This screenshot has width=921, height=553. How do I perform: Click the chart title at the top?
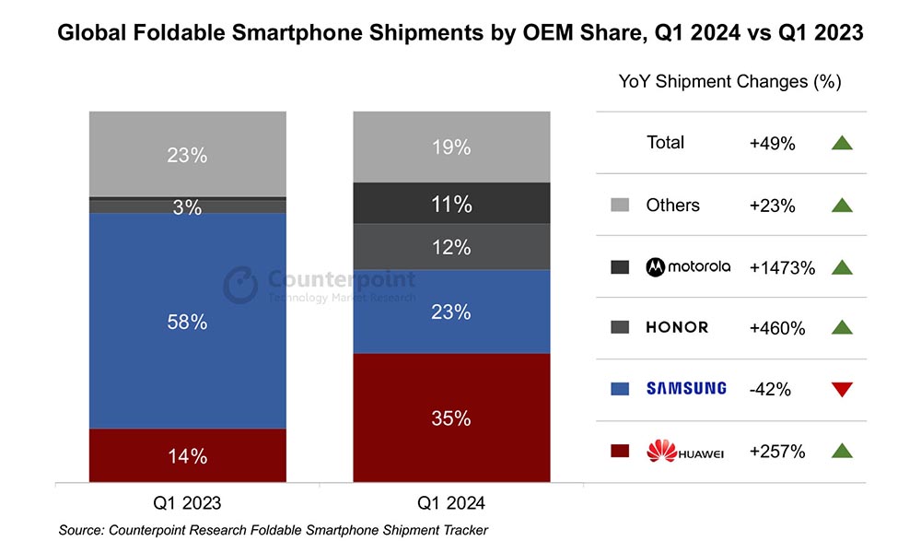(x=460, y=34)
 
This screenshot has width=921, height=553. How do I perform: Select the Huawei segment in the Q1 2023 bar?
(x=187, y=455)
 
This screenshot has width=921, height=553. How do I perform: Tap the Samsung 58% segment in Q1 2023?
(x=187, y=322)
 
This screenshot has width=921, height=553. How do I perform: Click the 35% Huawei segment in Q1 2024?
(x=451, y=418)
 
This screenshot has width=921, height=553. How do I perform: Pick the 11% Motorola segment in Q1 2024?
(x=451, y=204)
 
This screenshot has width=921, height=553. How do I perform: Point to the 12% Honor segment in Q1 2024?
(x=451, y=247)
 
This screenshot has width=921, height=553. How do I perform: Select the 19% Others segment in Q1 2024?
(x=451, y=147)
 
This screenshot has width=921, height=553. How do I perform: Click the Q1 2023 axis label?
(x=187, y=503)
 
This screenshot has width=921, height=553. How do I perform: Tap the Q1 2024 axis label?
(x=451, y=503)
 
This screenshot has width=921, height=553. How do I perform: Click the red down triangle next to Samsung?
(x=841, y=390)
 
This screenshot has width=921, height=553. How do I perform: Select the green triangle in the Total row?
(x=841, y=143)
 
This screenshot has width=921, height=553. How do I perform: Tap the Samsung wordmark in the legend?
(x=686, y=389)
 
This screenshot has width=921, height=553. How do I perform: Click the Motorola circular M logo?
(x=657, y=266)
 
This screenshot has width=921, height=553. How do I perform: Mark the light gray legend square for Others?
(x=619, y=205)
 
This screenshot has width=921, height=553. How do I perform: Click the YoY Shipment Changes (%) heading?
(x=729, y=81)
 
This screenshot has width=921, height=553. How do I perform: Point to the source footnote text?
(x=273, y=530)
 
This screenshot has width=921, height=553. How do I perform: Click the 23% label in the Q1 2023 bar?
(x=187, y=156)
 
